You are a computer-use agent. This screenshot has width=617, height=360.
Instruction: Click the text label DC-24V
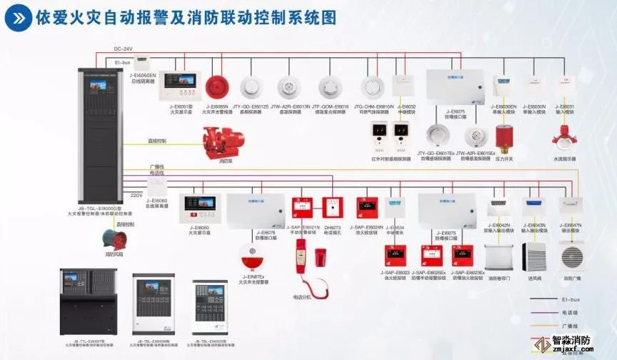coord(124,49)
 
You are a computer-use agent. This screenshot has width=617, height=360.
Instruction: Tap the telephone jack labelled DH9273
coord(333,209)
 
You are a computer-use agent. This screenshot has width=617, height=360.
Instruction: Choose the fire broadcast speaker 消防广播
coord(573,256)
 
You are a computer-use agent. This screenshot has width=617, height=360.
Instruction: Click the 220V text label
coord(136,194)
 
